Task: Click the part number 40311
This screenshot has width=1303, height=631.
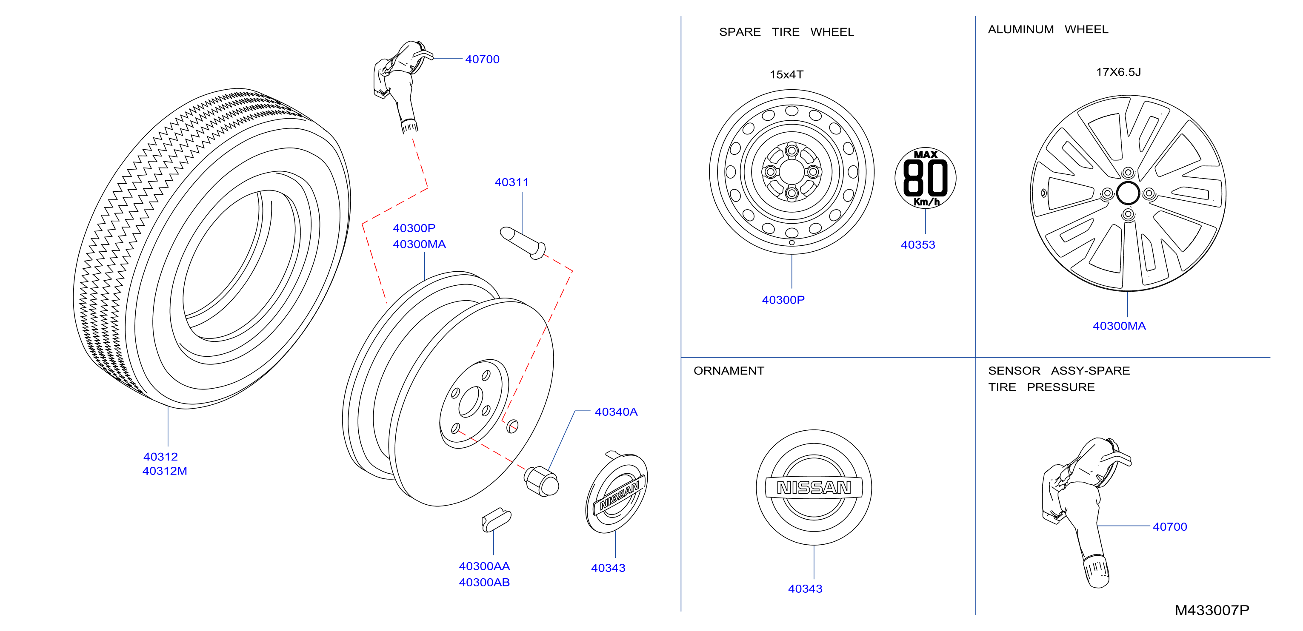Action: (x=511, y=182)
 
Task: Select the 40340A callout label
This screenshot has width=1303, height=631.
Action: (x=616, y=412)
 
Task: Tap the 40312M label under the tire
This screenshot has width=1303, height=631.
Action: (x=165, y=471)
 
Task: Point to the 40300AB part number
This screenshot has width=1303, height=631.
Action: (x=484, y=583)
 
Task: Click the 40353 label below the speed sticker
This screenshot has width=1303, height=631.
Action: (x=917, y=245)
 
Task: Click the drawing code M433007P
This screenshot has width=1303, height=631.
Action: (x=1212, y=610)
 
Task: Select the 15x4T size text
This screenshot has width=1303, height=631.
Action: (x=786, y=75)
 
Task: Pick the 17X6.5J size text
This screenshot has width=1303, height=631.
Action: (x=1118, y=72)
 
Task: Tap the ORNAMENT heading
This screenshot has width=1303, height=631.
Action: (x=729, y=371)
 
